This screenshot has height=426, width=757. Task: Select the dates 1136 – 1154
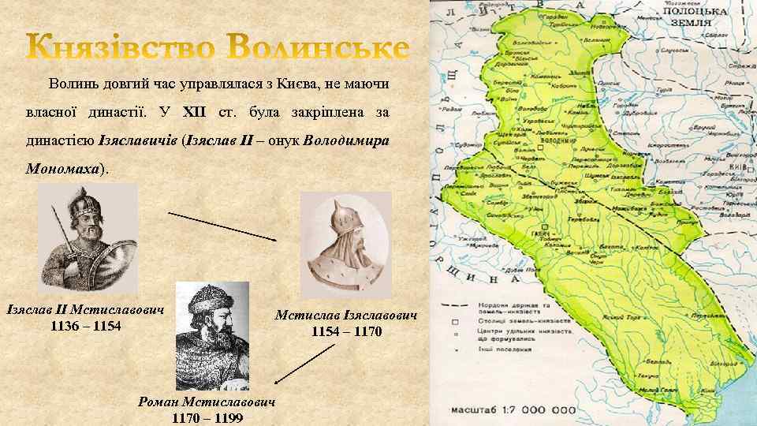[x=85, y=326]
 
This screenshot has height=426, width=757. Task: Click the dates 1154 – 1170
[x=346, y=332]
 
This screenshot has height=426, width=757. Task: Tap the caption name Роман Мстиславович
[x=207, y=402]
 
